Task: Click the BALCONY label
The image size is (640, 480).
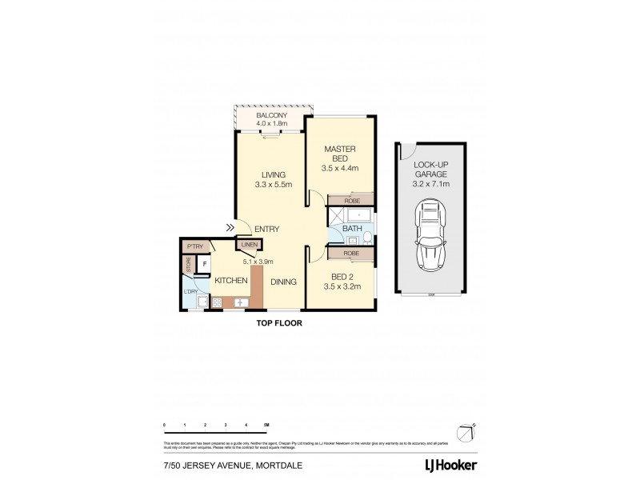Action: point(271,114)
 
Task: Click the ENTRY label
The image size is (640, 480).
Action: point(266,230)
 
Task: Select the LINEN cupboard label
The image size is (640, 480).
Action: point(249,245)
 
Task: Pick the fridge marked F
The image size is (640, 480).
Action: point(204,263)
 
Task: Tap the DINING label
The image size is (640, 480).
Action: point(282,282)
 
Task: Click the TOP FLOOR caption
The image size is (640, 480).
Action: point(278,324)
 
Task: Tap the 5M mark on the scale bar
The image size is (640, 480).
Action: point(266,425)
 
